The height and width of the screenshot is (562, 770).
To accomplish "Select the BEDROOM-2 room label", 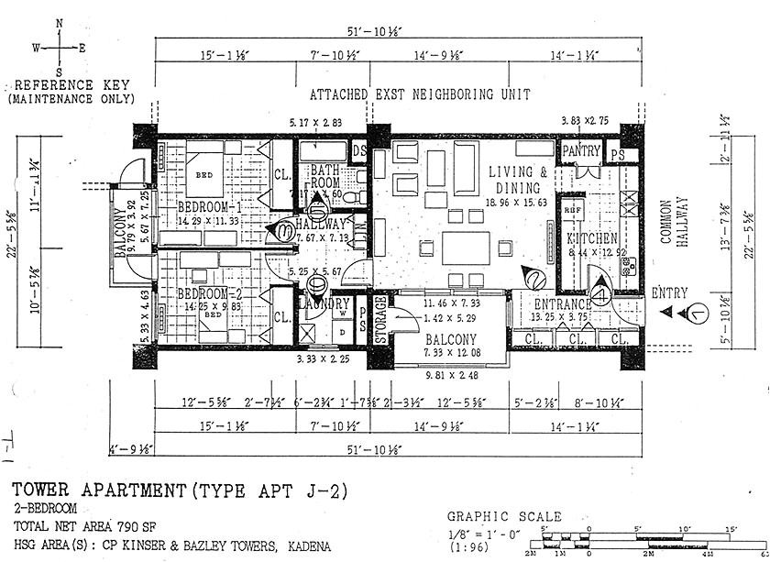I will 210,293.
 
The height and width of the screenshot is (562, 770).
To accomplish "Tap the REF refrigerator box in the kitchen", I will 572,209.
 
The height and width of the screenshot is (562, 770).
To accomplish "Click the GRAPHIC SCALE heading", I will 503,517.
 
